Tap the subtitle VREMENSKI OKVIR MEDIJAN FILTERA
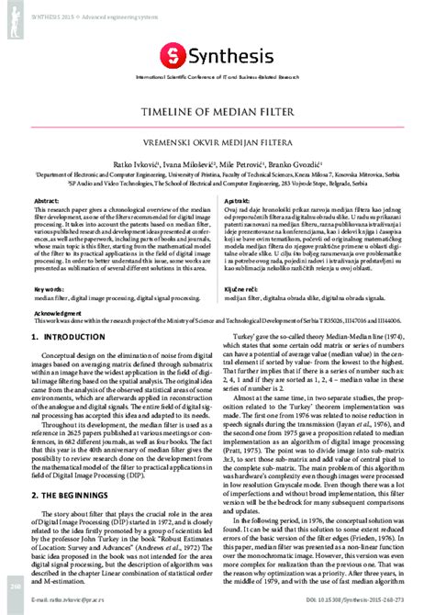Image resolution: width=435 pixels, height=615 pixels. coord(217,142)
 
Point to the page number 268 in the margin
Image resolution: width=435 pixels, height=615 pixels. coord(15,586)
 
